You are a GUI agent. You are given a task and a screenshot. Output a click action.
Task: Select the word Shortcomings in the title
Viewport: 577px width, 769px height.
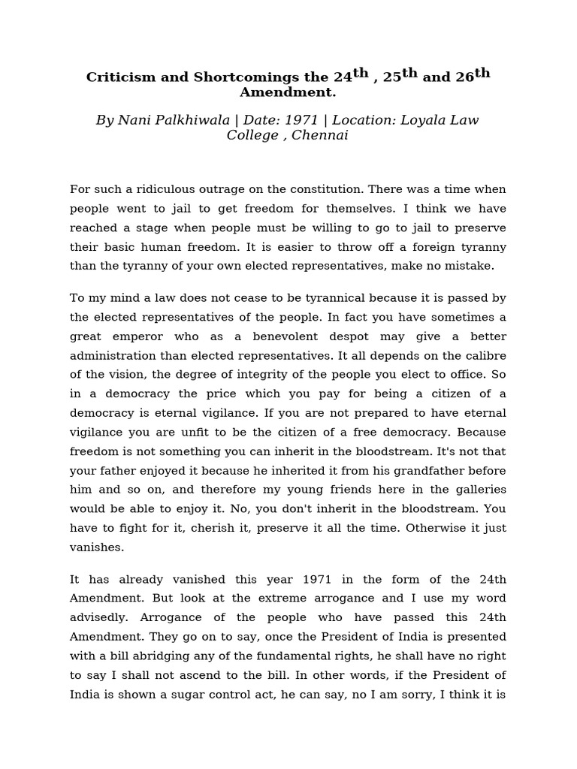click(x=231, y=77)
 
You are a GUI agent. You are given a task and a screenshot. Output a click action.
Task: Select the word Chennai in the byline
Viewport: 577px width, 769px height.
click(x=320, y=135)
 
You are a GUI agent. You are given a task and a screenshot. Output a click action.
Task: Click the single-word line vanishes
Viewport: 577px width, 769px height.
click(x=97, y=547)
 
